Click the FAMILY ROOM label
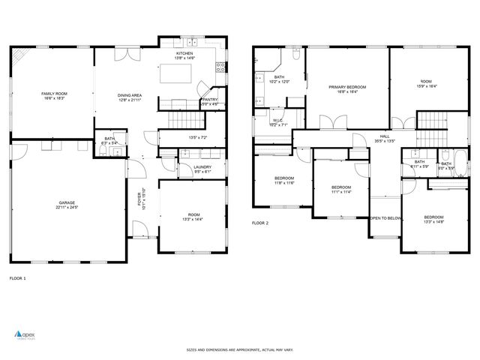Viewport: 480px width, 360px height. tap(51, 93)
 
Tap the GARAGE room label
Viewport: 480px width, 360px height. tap(67, 202)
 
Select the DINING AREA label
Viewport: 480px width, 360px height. tap(130, 95)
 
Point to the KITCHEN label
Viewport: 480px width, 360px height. tap(184, 54)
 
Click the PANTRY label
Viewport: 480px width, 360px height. tap(210, 99)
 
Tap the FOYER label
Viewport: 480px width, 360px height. tap(139, 199)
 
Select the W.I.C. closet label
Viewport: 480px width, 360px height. tap(277, 120)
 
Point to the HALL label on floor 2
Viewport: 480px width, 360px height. tap(384, 136)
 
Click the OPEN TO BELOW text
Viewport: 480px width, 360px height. tap(385, 218)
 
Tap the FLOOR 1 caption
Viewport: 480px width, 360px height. tap(17, 278)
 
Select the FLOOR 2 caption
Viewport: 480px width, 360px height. tap(260, 223)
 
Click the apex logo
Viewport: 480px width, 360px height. tap(25, 334)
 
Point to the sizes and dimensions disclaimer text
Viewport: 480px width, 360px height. tap(239, 349)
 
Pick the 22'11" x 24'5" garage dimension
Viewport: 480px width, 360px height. tap(67, 208)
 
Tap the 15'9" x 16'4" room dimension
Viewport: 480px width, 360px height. tap(426, 85)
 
